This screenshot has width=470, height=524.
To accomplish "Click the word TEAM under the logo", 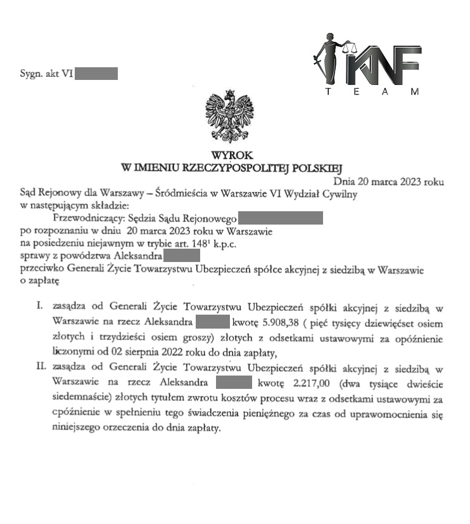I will click(x=371, y=92).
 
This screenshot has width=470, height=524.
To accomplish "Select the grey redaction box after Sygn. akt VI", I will click(x=96, y=74).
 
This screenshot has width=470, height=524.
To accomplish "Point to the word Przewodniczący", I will click(x=76, y=219).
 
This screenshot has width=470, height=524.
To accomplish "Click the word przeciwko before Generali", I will click(x=42, y=269).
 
